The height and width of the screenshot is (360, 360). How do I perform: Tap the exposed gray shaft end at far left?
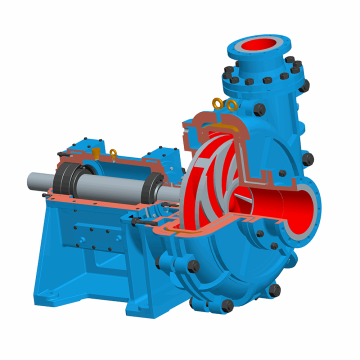35,182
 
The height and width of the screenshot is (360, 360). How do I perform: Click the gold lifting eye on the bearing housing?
112,153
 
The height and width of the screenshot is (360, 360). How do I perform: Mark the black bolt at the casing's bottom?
227,302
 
